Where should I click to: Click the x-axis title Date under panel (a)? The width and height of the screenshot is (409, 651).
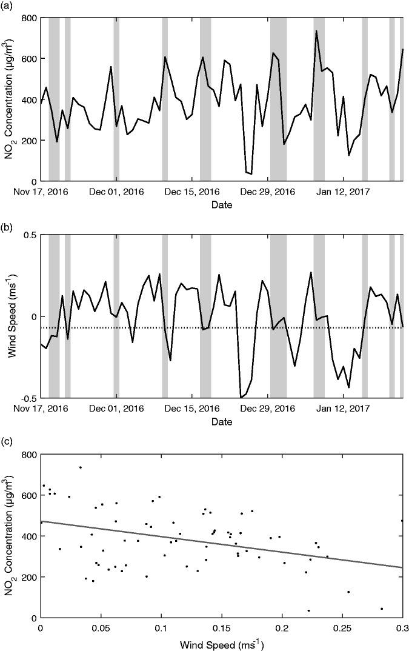click(221, 205)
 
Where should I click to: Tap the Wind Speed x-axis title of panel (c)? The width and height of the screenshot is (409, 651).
click(221, 642)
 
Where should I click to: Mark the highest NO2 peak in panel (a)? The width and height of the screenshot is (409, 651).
click(316, 31)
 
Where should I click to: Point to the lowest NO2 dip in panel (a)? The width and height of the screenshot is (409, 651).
click(251, 174)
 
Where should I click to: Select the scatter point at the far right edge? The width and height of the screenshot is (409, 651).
click(402, 521)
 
